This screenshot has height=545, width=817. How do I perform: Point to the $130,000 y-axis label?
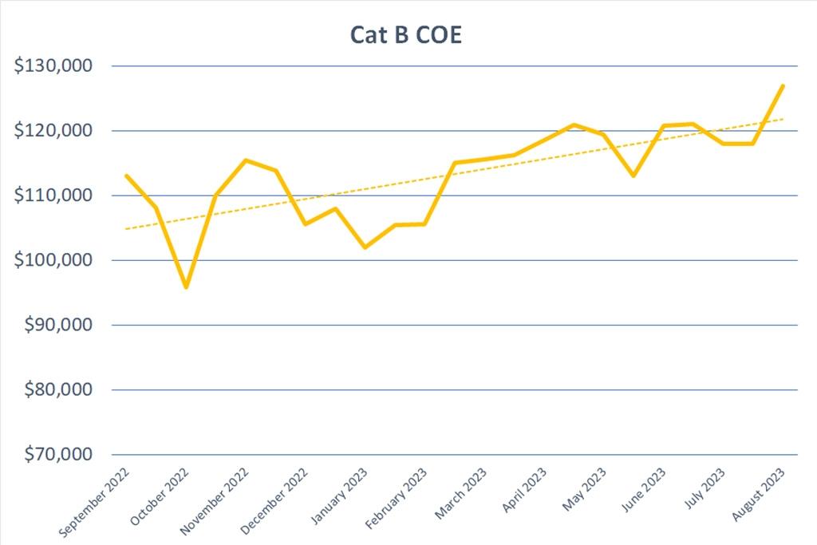click(54, 66)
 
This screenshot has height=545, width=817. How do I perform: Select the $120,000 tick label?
click(54, 131)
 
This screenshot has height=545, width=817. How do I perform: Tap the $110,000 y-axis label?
click(54, 195)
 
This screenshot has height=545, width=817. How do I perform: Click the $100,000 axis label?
click(54, 261)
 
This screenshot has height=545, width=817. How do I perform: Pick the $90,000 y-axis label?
click(57, 326)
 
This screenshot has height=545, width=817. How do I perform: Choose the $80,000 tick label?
click(57, 390)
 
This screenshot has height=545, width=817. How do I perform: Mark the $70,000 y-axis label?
click(57, 455)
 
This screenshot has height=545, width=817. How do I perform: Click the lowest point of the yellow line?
click(186, 286)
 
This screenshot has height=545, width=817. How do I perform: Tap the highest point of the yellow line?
click(783, 85)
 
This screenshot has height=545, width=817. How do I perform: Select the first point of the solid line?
click(126, 176)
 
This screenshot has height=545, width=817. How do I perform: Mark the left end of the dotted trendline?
click(126, 229)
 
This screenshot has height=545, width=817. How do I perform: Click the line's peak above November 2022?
click(246, 160)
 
